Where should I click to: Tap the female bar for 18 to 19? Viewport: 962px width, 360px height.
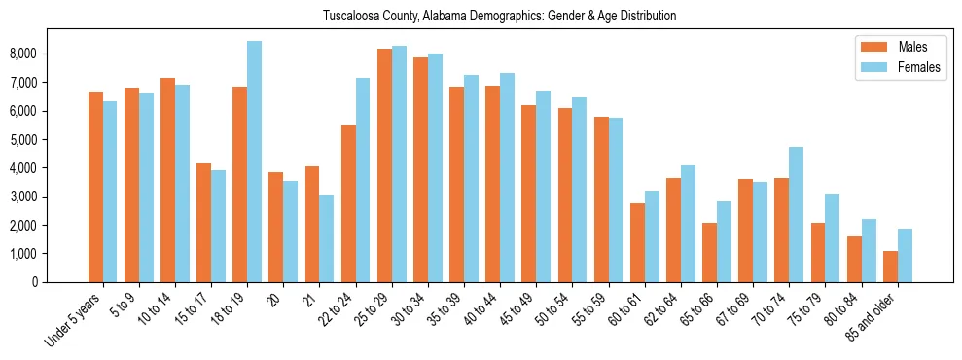[254, 162]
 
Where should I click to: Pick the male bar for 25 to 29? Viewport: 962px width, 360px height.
[384, 165]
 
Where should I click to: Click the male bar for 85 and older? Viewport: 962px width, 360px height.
[890, 267]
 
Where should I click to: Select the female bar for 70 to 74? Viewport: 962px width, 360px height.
[796, 214]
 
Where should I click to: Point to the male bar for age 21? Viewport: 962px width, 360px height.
[312, 224]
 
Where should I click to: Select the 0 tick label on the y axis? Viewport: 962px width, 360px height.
[60, 282]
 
